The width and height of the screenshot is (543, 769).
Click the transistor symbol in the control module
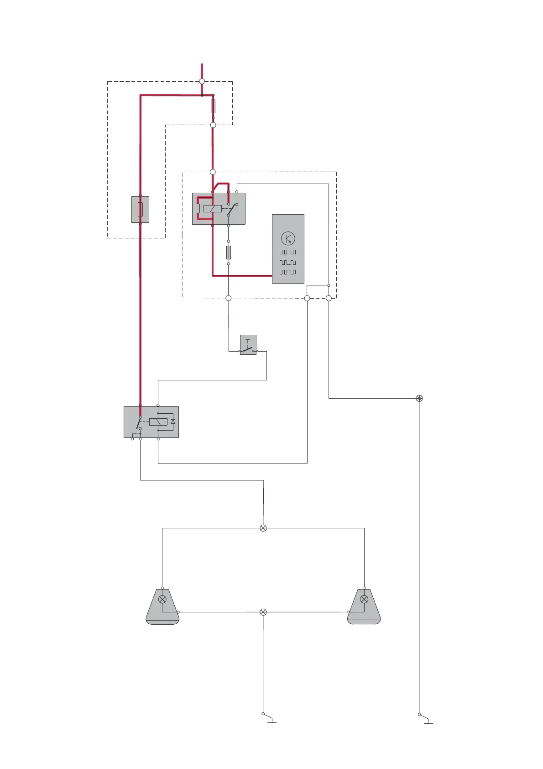pyautogui.click(x=288, y=238)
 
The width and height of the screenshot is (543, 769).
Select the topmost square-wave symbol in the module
pyautogui.click(x=288, y=252)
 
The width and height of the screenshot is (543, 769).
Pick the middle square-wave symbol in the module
pyautogui.click(x=288, y=263)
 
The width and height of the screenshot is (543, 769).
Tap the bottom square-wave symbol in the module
pyautogui.click(x=288, y=272)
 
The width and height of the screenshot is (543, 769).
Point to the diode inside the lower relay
pyautogui.click(x=173, y=421)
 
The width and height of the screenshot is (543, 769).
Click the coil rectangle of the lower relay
pyautogui.click(x=158, y=422)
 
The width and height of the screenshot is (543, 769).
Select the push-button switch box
pyautogui.click(x=248, y=345)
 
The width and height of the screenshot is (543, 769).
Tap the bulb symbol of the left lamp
pyautogui.click(x=162, y=600)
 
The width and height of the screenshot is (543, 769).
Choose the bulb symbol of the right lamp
pyautogui.click(x=364, y=600)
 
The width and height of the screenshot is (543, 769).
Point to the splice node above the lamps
pyautogui.click(x=263, y=528)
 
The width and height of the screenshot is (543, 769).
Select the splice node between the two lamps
pyautogui.click(x=263, y=612)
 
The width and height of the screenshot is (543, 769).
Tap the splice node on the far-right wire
pyautogui.click(x=419, y=398)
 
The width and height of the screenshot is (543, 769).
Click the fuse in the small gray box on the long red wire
pyautogui.click(x=140, y=209)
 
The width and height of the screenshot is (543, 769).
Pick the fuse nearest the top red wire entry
pyautogui.click(x=213, y=106)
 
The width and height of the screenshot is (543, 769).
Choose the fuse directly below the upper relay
pyautogui.click(x=229, y=252)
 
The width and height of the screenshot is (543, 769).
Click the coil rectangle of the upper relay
pyautogui.click(x=213, y=209)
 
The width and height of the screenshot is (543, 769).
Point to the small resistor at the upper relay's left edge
pyautogui.click(x=198, y=209)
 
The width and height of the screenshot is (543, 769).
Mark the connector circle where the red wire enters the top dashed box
pyautogui.click(x=202, y=81)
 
